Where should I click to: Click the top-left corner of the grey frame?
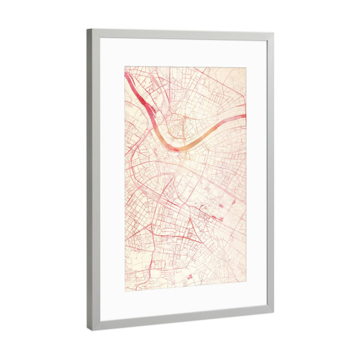tap(87, 29)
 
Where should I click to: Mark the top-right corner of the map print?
tap(246, 67)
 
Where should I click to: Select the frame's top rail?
tap(180, 34)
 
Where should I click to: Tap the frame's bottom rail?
tap(180, 320)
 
